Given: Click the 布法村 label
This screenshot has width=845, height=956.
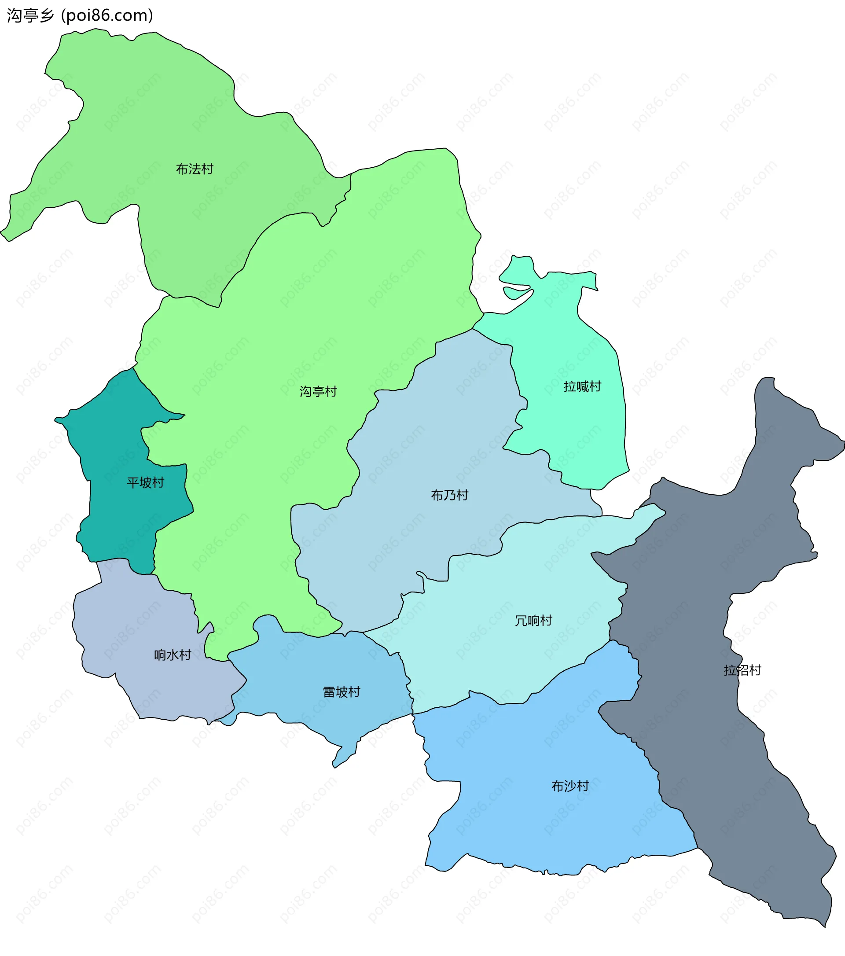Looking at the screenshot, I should (x=195, y=169).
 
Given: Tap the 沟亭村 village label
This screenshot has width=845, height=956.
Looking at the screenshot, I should (x=319, y=391).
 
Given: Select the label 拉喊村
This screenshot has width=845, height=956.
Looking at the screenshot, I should (x=582, y=386).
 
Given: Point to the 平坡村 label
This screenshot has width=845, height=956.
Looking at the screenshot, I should (x=145, y=483).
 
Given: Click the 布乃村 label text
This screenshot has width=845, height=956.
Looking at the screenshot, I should (x=449, y=495).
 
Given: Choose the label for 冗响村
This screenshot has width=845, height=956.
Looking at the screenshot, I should (x=533, y=621).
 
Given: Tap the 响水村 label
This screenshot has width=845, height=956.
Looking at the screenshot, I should (x=173, y=655).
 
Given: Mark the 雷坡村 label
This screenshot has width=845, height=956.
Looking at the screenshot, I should (x=342, y=692).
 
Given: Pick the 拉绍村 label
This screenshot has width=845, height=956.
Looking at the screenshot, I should (x=742, y=670).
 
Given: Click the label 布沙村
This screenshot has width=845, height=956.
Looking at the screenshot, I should (x=570, y=786).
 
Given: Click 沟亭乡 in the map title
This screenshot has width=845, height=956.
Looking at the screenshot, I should (x=30, y=15).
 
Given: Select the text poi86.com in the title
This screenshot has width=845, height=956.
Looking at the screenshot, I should (x=107, y=15).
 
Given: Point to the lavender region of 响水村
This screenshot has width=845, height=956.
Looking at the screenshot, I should (x=140, y=622).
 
